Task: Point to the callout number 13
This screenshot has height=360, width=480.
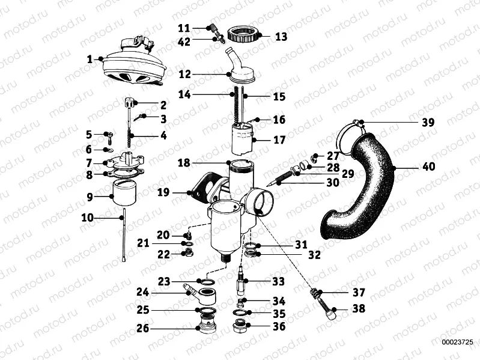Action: pyautogui.click(x=281, y=36)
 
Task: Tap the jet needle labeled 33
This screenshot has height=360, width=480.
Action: pyautogui.click(x=242, y=278)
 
